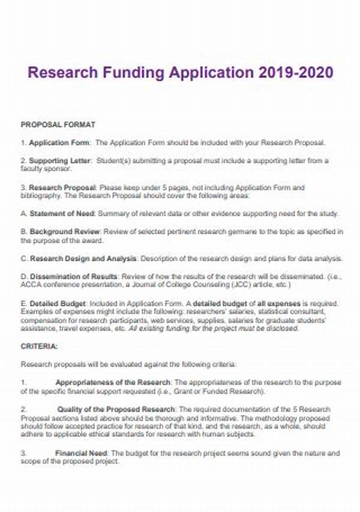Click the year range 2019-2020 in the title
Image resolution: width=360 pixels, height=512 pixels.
tap(295, 73)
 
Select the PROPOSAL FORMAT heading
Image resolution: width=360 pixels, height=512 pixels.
tap(58, 125)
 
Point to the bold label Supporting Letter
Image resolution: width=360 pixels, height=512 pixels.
tap(60, 161)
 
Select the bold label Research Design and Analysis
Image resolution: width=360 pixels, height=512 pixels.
tap(83, 259)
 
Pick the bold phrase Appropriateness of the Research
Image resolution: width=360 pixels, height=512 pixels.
tap(113, 382)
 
